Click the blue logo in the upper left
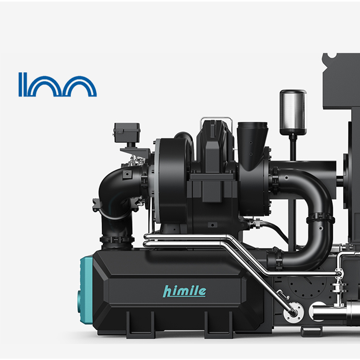58,84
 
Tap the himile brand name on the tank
184,291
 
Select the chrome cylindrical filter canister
293,112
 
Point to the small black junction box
127,132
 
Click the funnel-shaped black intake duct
252,142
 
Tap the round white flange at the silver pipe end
293,312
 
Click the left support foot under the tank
140,324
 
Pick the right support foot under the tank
218,324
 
